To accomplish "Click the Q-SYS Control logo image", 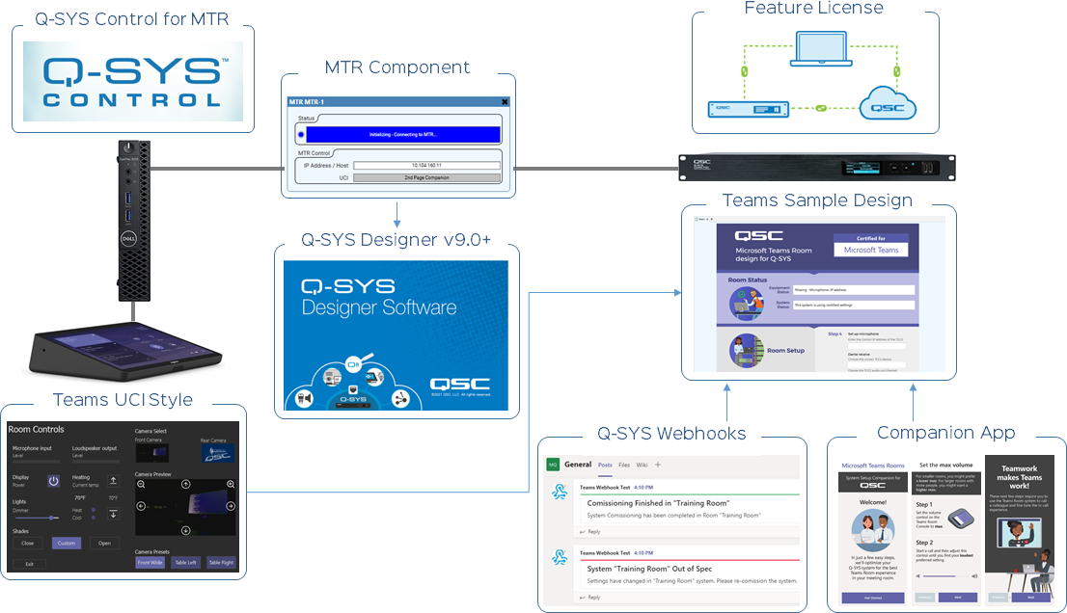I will (x=133, y=81).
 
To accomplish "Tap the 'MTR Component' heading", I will (x=397, y=67).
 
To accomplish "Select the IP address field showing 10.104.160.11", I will (x=425, y=166).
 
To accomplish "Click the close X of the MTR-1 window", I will (x=505, y=101).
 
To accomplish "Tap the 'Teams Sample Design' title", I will (x=817, y=200).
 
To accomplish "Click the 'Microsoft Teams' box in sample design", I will (x=871, y=250).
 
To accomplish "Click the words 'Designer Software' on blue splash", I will (x=378, y=307).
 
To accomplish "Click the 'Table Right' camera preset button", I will (x=220, y=562).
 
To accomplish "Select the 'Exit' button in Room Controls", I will (x=28, y=564).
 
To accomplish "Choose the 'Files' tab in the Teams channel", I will (x=624, y=465).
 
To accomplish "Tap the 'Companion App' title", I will (x=945, y=433).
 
